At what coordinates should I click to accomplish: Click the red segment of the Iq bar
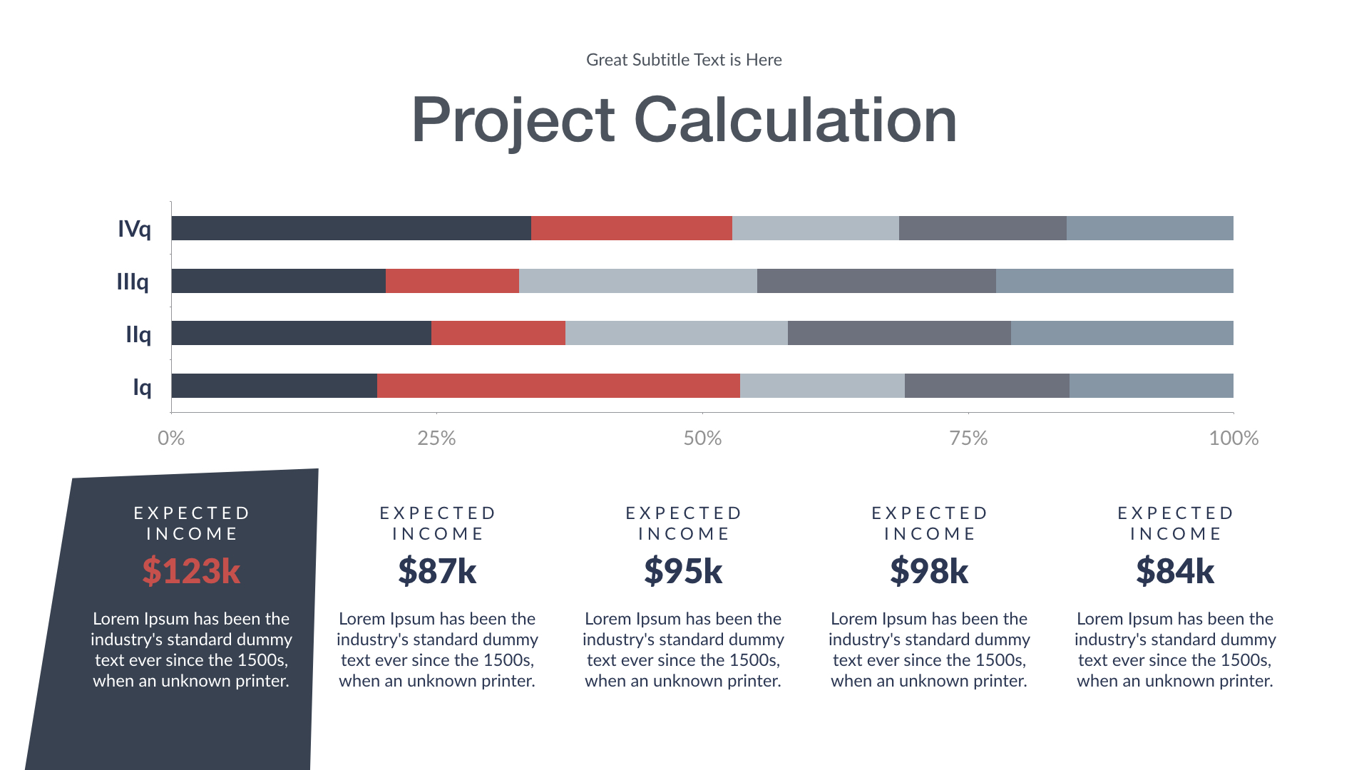(558, 386)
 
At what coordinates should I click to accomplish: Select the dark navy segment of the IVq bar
(351, 228)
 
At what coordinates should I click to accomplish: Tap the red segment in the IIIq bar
(452, 281)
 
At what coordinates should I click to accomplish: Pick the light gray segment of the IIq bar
(676, 333)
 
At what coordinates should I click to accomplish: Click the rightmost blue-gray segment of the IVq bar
(1149, 228)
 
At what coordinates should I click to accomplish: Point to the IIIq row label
(133, 282)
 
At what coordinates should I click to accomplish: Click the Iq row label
(142, 387)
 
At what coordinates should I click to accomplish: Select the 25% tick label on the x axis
(436, 438)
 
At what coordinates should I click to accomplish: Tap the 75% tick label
(968, 438)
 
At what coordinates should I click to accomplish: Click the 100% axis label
(1234, 438)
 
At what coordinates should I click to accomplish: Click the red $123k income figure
(191, 571)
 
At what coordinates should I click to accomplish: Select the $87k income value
(437, 571)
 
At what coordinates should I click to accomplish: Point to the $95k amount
(683, 571)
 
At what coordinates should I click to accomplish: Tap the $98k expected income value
(929, 571)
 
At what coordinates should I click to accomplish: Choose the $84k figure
(1175, 571)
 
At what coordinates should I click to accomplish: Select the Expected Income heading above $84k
(1175, 523)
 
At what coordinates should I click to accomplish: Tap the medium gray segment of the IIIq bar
(876, 281)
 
